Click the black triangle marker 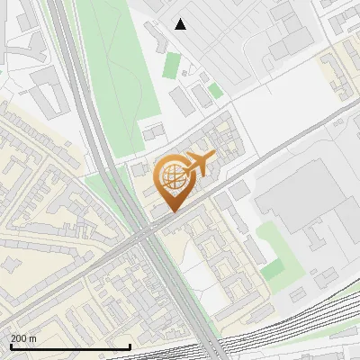(181, 24)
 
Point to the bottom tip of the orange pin (172, 211)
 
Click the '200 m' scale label (22, 337)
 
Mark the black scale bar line (69, 346)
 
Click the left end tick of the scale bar (10, 345)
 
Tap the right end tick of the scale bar (130, 345)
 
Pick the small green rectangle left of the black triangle (171, 65)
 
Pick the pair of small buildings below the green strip (151, 133)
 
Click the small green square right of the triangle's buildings (215, 90)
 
